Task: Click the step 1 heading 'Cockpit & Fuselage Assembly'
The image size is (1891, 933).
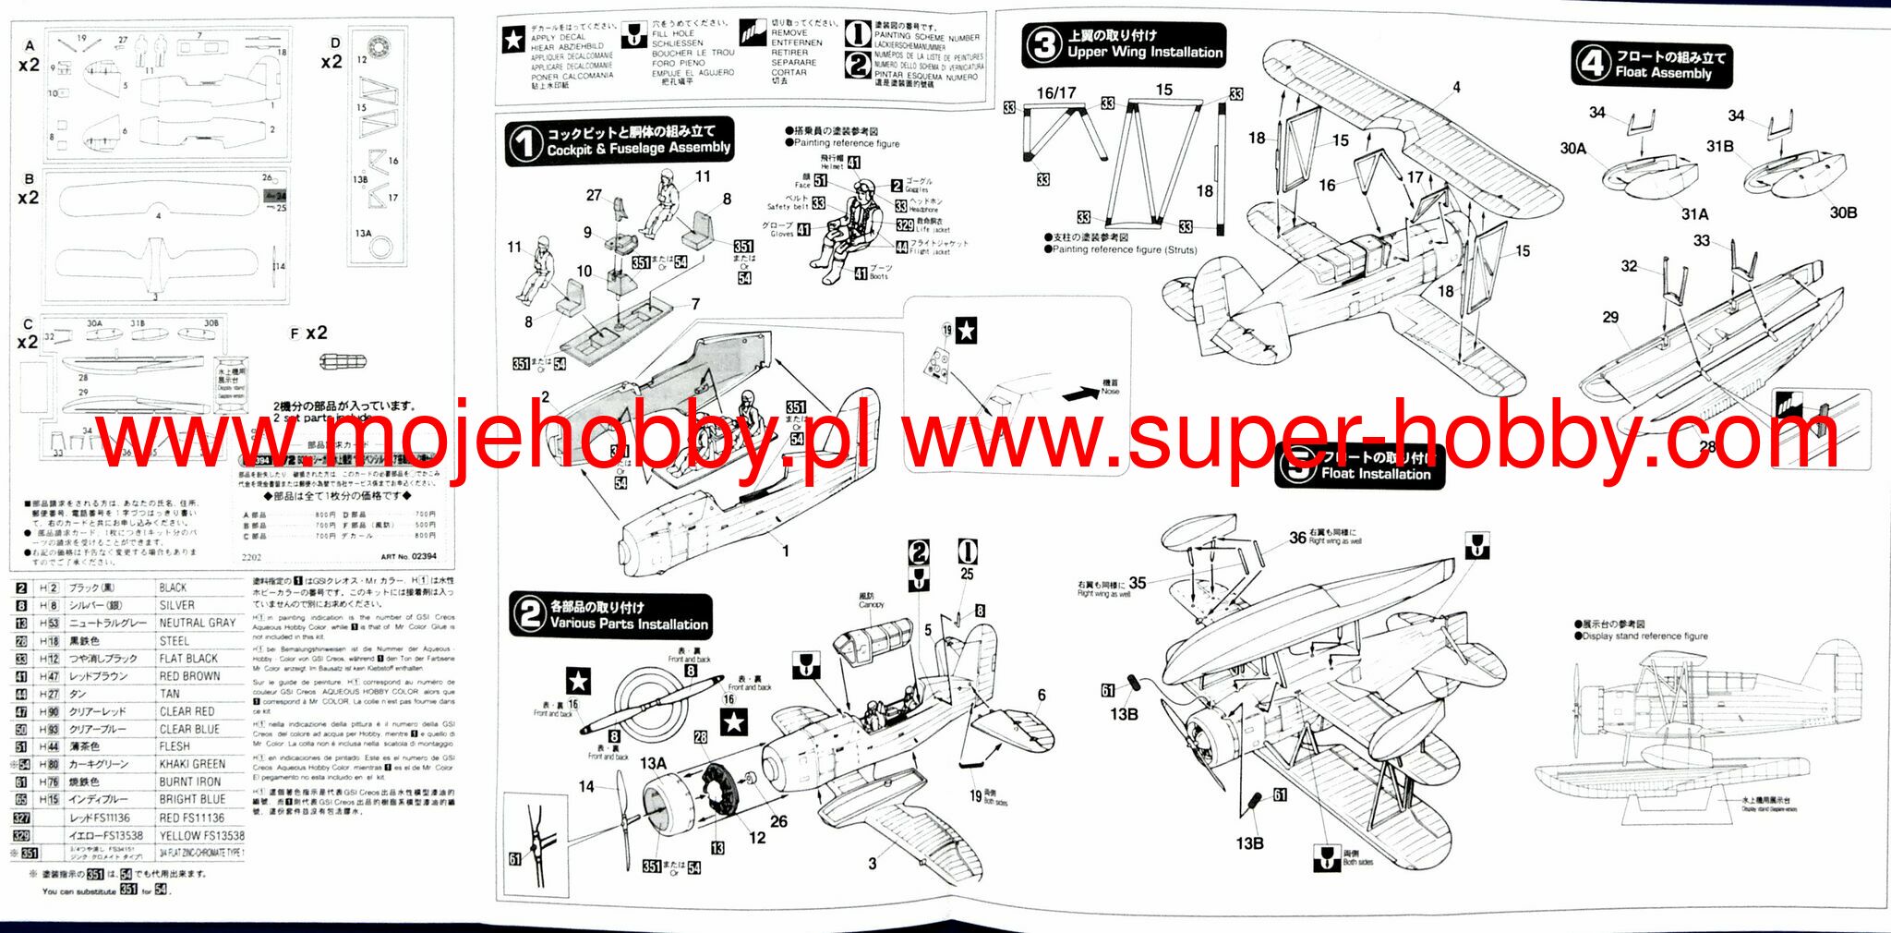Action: [638, 149]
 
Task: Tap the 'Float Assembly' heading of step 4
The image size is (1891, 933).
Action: [1662, 73]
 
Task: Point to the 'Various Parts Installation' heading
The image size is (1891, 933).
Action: [629, 624]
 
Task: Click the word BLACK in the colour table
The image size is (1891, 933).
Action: [173, 588]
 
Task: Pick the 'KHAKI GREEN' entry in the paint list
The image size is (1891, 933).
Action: [192, 764]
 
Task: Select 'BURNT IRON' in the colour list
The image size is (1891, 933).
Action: [189, 782]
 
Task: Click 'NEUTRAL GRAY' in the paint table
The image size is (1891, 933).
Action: [197, 623]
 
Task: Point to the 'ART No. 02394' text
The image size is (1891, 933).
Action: [408, 557]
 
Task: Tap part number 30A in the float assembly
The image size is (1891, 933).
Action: [1572, 149]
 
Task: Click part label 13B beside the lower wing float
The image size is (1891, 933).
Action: [1249, 843]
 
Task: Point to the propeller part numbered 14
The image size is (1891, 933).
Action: [586, 787]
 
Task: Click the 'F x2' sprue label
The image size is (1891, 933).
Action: [308, 333]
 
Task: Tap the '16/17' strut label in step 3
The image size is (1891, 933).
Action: [1055, 93]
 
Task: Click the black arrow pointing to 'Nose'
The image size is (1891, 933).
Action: [1079, 394]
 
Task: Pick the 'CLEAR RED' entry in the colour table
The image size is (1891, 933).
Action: [187, 711]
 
